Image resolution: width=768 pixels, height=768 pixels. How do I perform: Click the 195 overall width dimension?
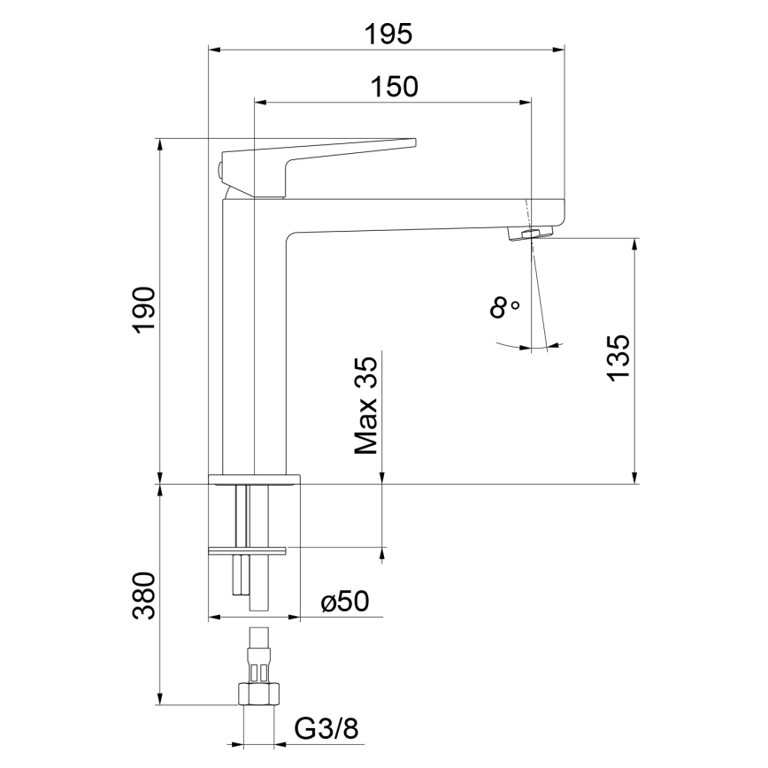point(388,34)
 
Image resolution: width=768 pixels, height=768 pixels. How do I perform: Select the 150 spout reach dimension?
point(394,86)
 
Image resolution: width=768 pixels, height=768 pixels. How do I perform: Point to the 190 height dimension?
point(144,310)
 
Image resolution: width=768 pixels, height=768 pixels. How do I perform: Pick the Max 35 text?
point(366,403)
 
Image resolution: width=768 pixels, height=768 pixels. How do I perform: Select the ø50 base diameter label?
point(345,603)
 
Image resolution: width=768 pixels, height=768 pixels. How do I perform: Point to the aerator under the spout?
point(529,234)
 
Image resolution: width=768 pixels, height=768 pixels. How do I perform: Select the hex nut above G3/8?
point(258,694)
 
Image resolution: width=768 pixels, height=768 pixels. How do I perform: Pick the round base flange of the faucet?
point(254,480)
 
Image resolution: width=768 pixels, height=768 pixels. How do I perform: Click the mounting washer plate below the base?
point(248,551)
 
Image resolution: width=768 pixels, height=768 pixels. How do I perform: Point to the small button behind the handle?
point(219,170)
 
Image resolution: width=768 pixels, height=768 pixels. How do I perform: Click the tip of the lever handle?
point(411,142)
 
